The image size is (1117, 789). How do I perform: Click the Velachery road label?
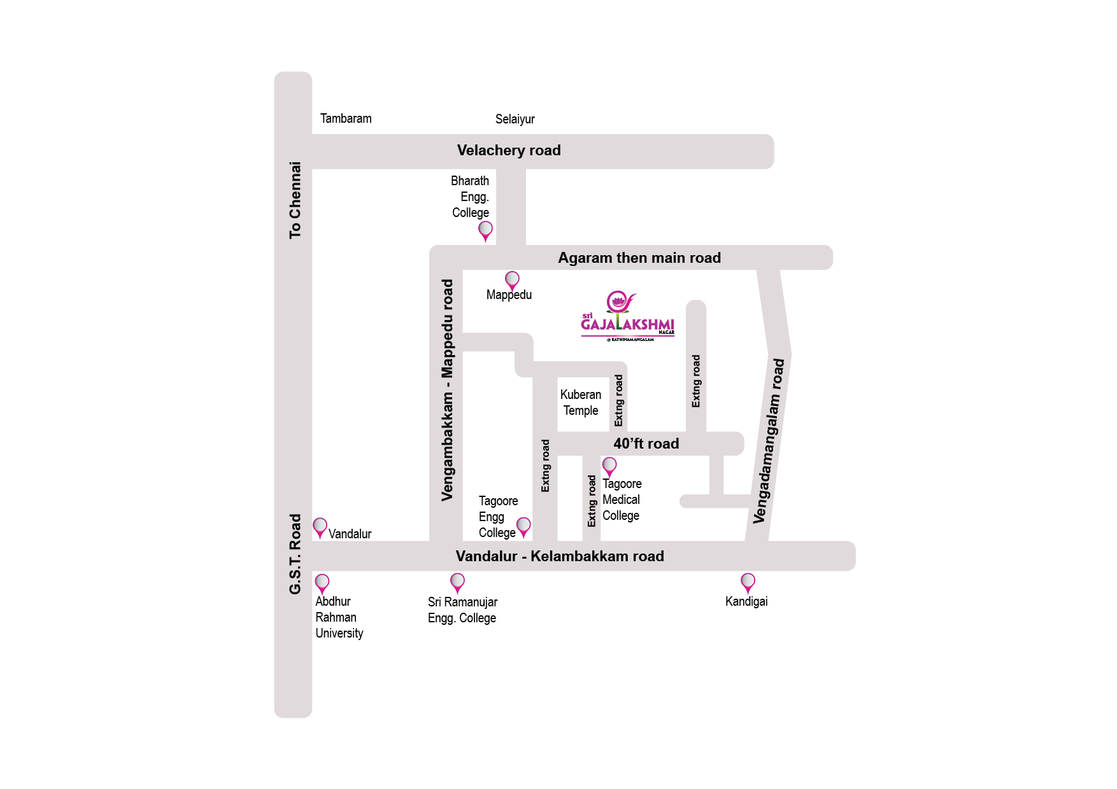pos(509,151)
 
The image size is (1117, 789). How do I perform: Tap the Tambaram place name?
pos(346,119)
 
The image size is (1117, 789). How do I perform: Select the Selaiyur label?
pos(515,120)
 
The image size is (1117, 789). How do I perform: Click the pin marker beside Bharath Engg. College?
pos(485,230)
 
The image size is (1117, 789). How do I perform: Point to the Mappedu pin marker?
pos(512,279)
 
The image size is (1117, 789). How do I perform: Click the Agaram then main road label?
pos(639,258)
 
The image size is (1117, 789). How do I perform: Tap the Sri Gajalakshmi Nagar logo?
pos(627,317)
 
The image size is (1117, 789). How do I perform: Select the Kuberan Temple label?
pos(580,403)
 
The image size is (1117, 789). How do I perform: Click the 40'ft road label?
pos(646,443)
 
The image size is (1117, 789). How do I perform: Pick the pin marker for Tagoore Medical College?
pos(609,466)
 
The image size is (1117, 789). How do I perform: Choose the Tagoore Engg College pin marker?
pos(523,526)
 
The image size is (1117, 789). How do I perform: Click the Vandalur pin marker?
pos(320,527)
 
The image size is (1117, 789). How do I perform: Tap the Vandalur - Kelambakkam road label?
pos(560,556)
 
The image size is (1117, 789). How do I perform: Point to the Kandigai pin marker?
pos(748,582)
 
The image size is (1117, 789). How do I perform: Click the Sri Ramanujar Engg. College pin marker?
pos(457,582)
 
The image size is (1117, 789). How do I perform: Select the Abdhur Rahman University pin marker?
pos(322,582)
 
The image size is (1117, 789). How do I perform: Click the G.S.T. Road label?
pos(295,554)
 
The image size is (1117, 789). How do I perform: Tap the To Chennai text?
pos(295,200)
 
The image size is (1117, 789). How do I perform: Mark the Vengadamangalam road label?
pos(769,441)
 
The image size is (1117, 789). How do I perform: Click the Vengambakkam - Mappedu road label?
pos(447,390)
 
